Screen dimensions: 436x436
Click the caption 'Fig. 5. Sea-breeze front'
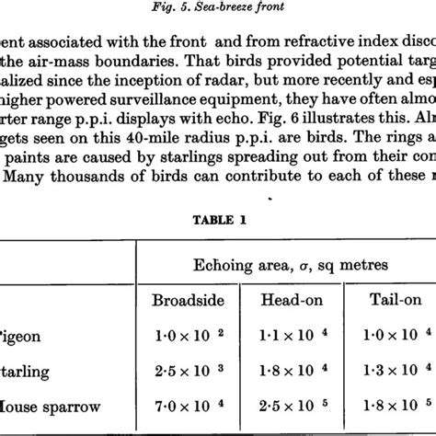click(217, 10)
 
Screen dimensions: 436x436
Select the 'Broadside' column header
click(188, 301)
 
